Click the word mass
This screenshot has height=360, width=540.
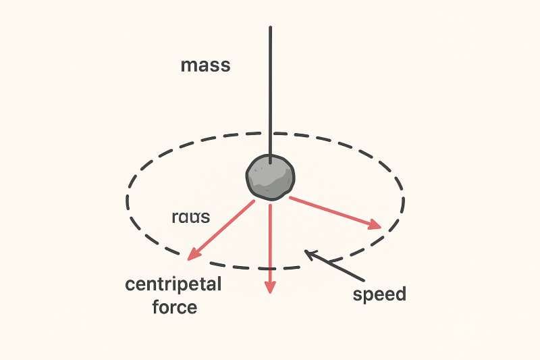206,66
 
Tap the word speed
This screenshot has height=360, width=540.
380,294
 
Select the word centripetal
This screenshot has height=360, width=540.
173,284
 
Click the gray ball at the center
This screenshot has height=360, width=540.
270,177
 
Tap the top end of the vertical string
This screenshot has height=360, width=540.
270,28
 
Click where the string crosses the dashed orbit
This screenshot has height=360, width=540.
270,132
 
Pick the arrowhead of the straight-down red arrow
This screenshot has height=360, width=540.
270,287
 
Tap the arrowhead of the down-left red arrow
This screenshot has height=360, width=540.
192,255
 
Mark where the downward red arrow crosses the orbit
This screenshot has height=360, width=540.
270,268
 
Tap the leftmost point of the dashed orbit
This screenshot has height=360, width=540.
127,201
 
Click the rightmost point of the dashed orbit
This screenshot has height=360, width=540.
404,200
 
